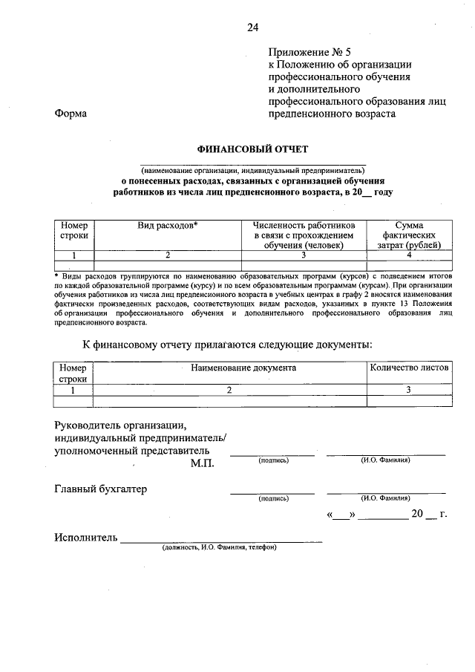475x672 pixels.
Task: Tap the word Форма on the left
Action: pos(71,114)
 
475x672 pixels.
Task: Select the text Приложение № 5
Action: pos(309,52)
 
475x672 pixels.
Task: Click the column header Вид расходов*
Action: pos(168,224)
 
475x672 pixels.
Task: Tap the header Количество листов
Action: pos(409,368)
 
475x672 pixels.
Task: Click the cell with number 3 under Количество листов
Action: pos(409,389)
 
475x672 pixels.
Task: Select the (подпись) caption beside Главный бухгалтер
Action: pos(274,499)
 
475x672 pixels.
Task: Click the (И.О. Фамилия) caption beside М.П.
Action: pos(386,460)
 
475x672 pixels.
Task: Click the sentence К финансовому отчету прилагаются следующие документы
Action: pos(227,343)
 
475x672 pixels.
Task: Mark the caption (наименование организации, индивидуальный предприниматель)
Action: pos(253,169)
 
